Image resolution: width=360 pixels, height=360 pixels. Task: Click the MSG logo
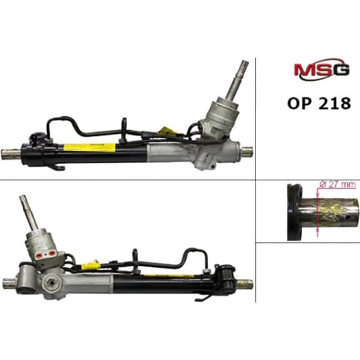pos(321,69)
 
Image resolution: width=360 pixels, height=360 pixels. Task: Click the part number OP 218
pos(319,104)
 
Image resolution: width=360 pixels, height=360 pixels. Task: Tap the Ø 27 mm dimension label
pos(338,185)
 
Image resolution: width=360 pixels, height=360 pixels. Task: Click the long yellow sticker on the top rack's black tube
pos(89,147)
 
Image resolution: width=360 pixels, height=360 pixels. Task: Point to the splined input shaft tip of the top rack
pos(245,63)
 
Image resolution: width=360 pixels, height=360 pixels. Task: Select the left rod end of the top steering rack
pos(11,154)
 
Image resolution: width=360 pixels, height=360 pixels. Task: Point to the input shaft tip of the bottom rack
pos(23,198)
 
